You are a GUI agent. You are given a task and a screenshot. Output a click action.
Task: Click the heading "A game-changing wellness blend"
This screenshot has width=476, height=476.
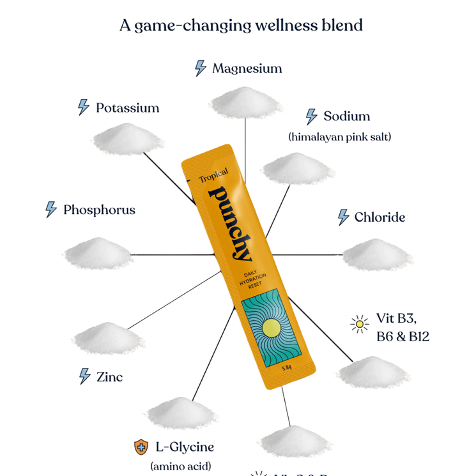point(241,26)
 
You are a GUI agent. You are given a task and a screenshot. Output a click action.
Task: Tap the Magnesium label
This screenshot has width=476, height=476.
point(247,68)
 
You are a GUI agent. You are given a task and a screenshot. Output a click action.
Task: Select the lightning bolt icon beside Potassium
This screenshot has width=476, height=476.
point(83,107)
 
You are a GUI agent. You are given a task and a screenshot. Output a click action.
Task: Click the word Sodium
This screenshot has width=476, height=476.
point(346,116)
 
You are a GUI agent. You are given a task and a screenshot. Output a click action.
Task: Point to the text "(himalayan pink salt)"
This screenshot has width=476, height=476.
point(339,136)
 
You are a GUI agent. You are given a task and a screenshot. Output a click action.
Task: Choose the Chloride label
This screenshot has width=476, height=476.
point(380,217)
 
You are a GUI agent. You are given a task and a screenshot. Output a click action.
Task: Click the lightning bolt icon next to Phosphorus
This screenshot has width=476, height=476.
point(51,210)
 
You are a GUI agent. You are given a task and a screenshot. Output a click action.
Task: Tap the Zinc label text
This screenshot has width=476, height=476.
point(109,377)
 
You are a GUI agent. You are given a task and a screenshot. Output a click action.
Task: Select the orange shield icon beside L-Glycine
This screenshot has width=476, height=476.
point(141,447)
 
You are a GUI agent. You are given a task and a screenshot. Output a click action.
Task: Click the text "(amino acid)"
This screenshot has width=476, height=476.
point(181,466)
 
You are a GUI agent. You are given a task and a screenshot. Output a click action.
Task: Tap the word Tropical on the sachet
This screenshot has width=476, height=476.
point(213,177)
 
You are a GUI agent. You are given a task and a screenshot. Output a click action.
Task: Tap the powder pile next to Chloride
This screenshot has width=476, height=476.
point(377,255)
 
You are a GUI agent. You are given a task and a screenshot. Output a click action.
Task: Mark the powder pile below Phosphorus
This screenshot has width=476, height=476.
point(97,254)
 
